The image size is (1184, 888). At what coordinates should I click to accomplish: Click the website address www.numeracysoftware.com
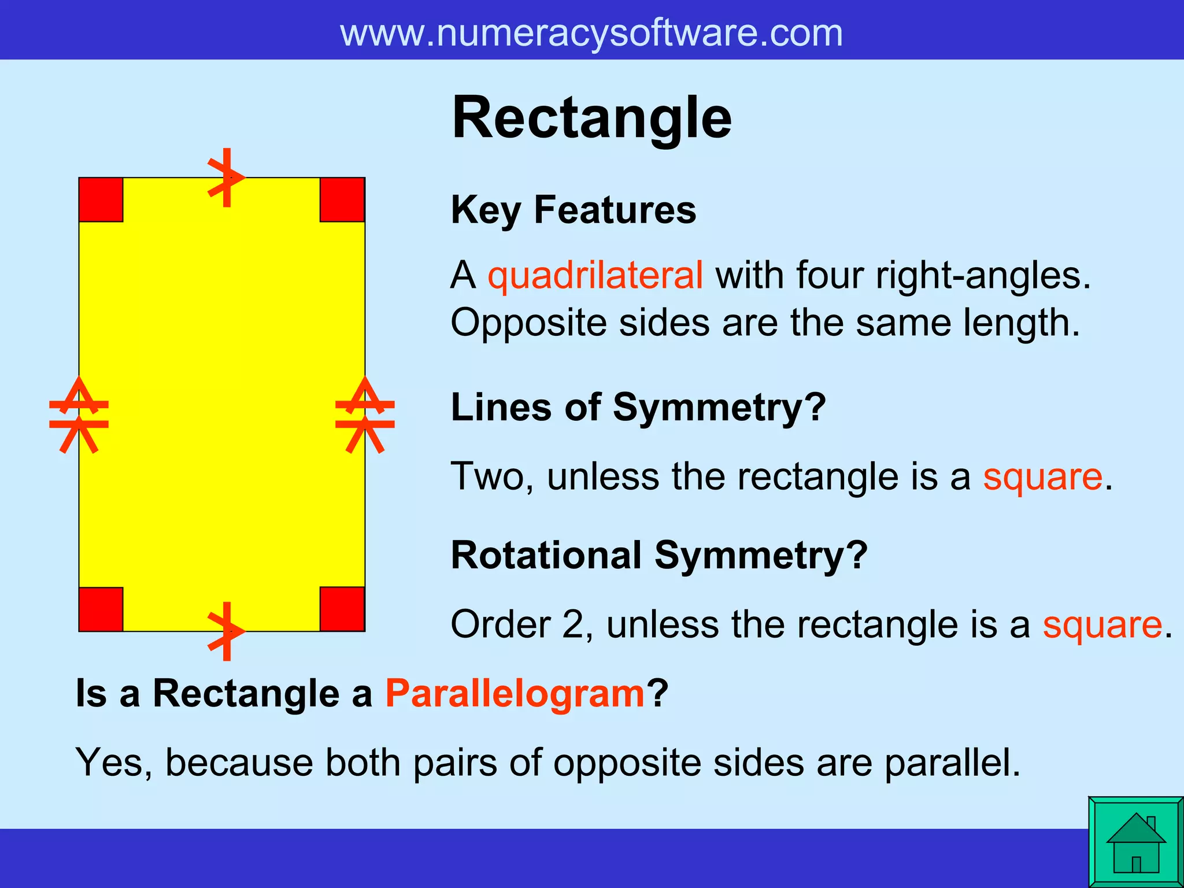click(591, 33)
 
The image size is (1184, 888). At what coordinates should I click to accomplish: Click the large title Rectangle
click(591, 119)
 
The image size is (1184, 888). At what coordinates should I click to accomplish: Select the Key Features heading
click(573, 210)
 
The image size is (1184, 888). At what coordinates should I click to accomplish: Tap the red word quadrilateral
click(595, 275)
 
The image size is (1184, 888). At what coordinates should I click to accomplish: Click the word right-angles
click(982, 275)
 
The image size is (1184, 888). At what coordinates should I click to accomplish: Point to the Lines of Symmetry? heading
click(638, 408)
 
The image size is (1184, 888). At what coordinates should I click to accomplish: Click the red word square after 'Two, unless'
click(1042, 477)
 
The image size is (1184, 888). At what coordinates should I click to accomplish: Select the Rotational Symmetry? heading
click(658, 556)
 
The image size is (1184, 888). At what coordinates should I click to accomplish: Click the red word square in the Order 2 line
click(1102, 625)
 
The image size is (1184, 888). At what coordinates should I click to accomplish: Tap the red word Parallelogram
click(515, 693)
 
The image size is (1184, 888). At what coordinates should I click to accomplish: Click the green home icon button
click(1135, 842)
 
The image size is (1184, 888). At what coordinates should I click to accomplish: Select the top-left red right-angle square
click(101, 200)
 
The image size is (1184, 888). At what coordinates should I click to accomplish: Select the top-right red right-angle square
click(342, 200)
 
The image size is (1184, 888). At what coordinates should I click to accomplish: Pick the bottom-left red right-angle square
click(101, 609)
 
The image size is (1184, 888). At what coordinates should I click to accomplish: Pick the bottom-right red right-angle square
click(342, 609)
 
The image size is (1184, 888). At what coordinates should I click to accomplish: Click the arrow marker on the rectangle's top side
click(227, 177)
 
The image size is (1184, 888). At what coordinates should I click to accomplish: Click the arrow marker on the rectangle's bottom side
click(227, 631)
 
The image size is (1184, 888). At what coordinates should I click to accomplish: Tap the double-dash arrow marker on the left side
click(79, 415)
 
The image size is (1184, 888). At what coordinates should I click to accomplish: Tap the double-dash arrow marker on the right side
click(365, 415)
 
